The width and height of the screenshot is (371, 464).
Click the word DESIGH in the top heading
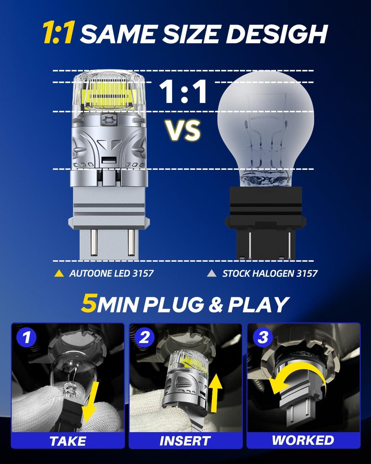click(x=277, y=34)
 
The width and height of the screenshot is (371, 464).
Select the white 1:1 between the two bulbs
click(x=183, y=92)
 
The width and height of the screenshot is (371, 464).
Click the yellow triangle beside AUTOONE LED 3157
click(x=59, y=273)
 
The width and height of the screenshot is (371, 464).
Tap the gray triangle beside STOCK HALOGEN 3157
click(x=211, y=273)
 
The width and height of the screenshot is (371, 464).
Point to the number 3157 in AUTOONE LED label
click(x=143, y=273)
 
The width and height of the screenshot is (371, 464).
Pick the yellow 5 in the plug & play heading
click(x=89, y=304)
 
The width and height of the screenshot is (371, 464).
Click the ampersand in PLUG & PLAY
click(x=216, y=304)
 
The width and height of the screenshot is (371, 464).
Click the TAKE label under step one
click(x=68, y=441)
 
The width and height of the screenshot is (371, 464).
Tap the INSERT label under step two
click(x=185, y=441)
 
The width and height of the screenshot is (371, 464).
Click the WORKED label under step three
click(x=303, y=440)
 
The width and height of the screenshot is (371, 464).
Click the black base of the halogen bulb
click(x=266, y=223)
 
